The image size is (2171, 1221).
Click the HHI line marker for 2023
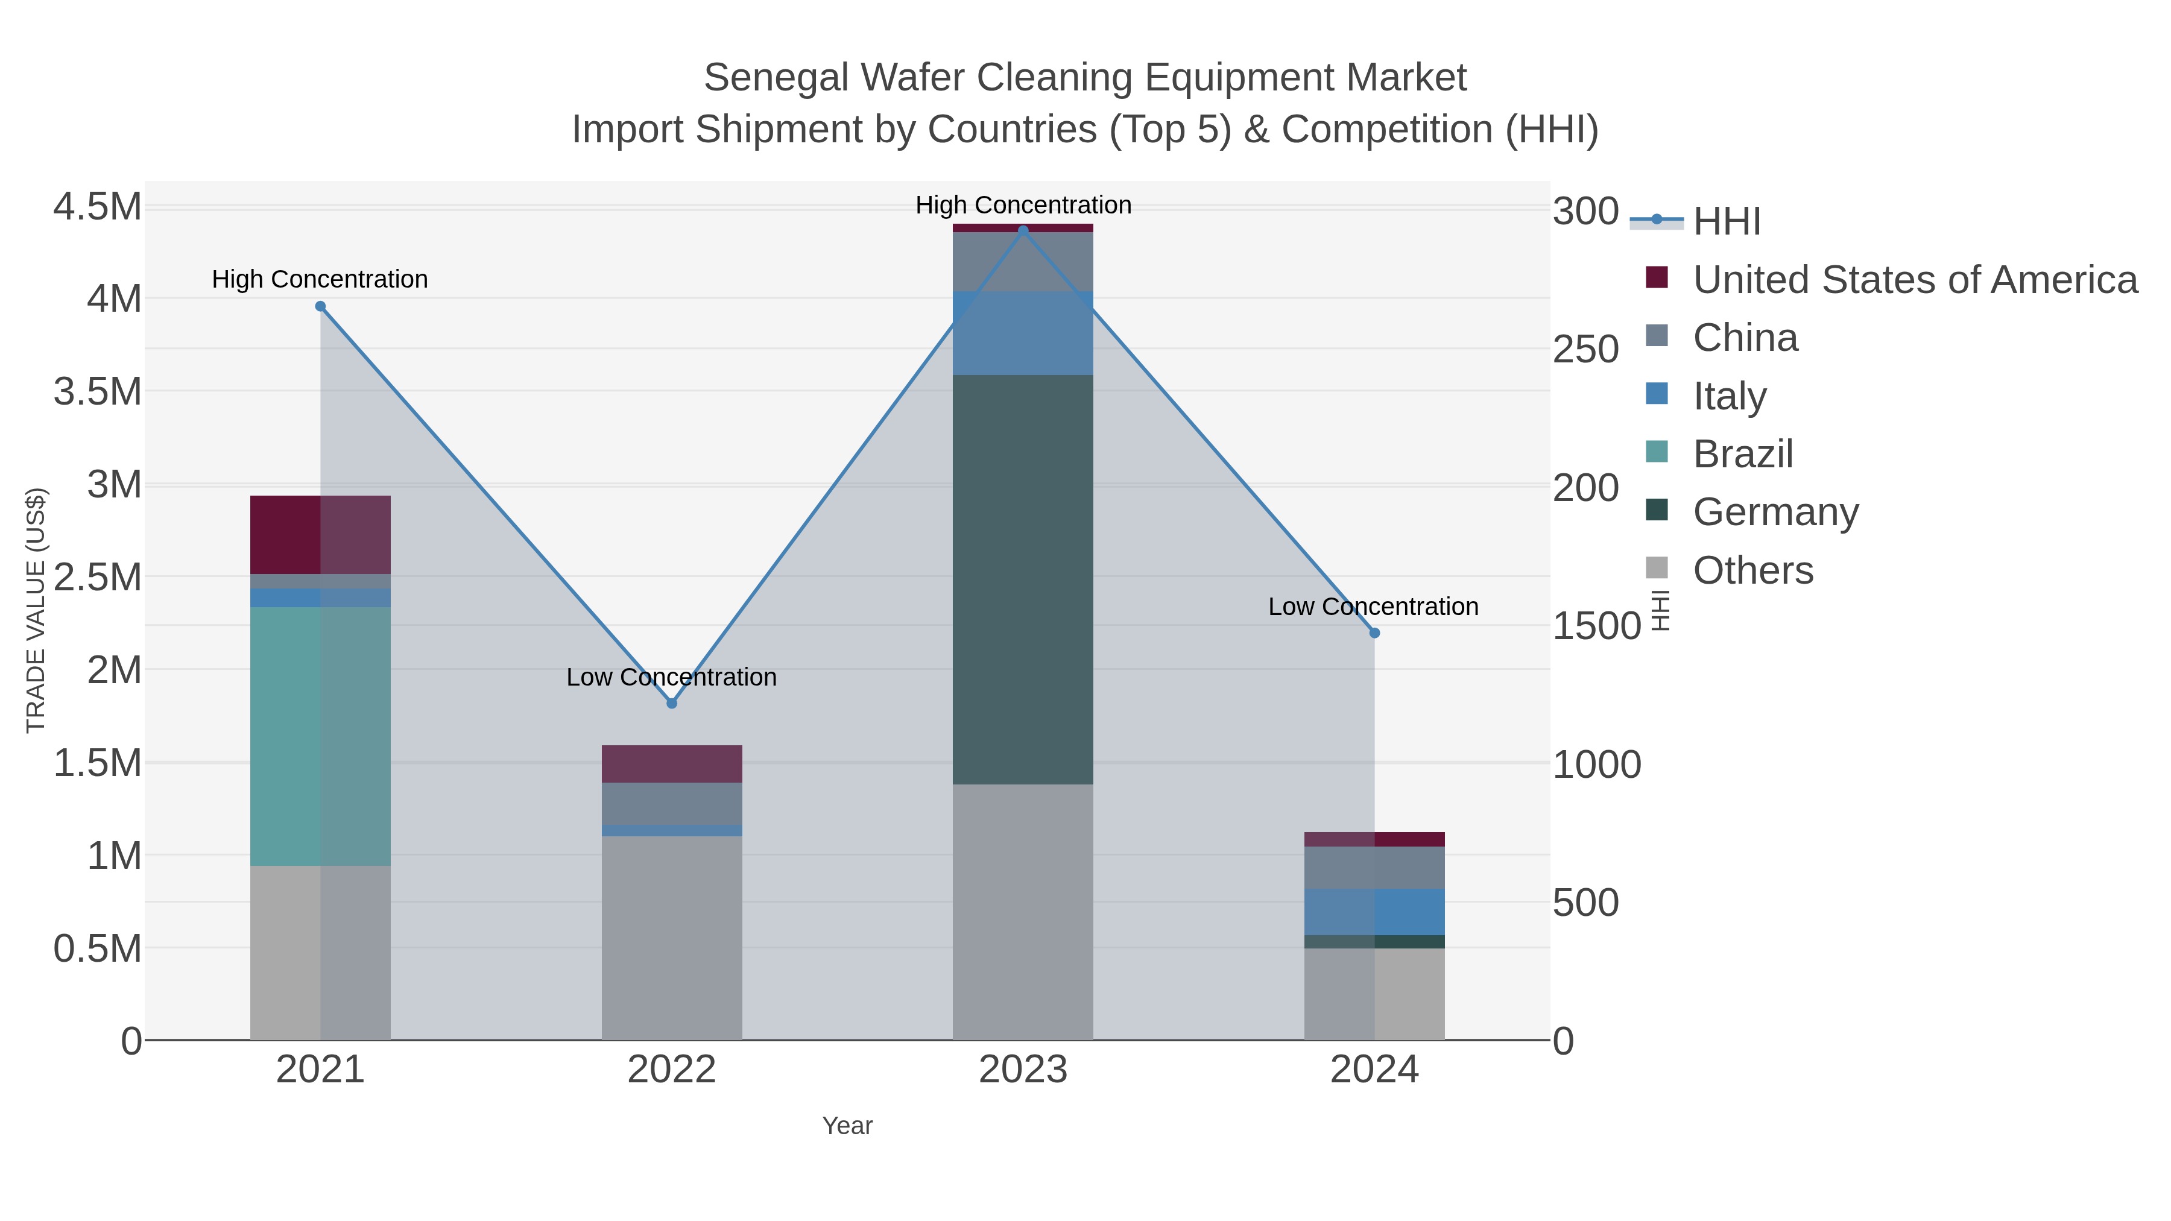point(1023,230)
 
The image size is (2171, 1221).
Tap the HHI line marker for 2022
point(672,703)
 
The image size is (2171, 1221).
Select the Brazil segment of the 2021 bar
point(320,736)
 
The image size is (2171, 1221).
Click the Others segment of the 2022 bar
point(672,937)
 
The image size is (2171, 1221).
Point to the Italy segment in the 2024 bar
point(1374,912)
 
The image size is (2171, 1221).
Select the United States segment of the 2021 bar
point(320,534)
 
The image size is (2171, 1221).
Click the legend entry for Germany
point(1775,511)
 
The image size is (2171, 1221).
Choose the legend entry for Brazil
point(1742,453)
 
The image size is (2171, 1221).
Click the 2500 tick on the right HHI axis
point(1585,349)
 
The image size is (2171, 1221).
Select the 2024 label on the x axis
point(1374,1069)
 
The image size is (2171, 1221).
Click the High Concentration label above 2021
point(320,279)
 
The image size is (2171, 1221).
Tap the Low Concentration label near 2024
point(1373,606)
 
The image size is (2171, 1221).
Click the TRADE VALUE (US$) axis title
point(36,610)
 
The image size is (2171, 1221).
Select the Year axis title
point(847,1125)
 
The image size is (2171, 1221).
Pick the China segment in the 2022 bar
point(672,803)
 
